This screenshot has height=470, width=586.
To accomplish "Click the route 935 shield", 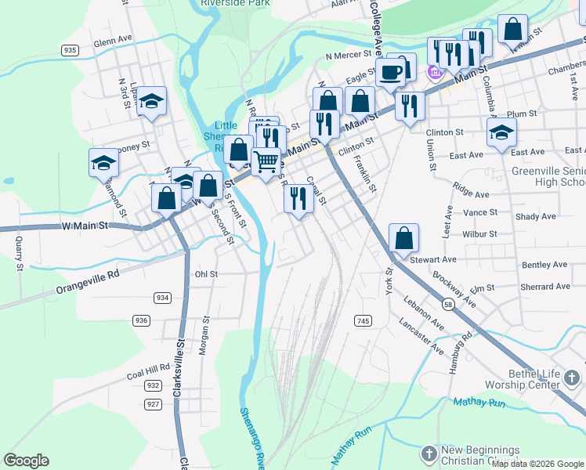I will click(71, 50).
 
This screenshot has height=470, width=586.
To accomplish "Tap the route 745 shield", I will click(362, 321).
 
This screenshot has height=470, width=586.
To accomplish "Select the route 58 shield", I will click(447, 302).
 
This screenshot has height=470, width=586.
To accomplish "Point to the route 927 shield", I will click(153, 404).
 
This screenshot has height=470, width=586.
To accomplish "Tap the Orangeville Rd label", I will click(86, 283).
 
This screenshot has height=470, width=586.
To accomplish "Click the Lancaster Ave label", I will click(421, 333).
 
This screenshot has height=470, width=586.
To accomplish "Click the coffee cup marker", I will click(390, 72).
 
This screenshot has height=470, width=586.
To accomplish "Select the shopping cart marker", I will click(266, 161).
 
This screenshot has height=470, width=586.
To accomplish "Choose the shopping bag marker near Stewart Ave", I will click(403, 237).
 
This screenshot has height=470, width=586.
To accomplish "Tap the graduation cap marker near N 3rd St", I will click(152, 100).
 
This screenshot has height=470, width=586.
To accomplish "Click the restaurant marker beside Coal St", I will click(298, 197).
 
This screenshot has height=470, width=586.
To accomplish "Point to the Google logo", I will click(26, 461).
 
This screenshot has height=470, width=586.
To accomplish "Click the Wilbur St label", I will click(480, 233).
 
